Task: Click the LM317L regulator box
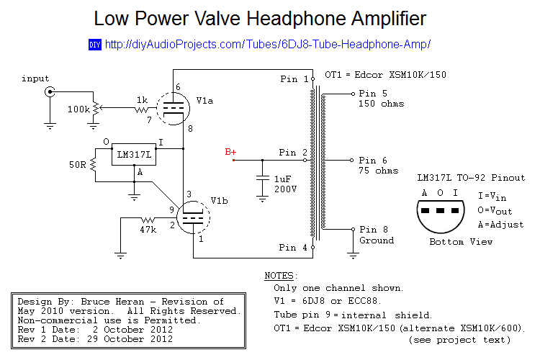[x=135, y=154]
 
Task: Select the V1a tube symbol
[x=174, y=108]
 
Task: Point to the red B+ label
[x=230, y=152]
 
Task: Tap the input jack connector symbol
[x=50, y=92]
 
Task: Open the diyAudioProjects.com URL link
[x=267, y=45]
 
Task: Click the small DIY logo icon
[x=94, y=45]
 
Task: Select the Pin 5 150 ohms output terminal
[x=351, y=94]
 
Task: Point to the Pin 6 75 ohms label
[x=378, y=165]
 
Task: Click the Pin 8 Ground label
[x=377, y=235]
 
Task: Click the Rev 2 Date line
[x=95, y=338]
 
